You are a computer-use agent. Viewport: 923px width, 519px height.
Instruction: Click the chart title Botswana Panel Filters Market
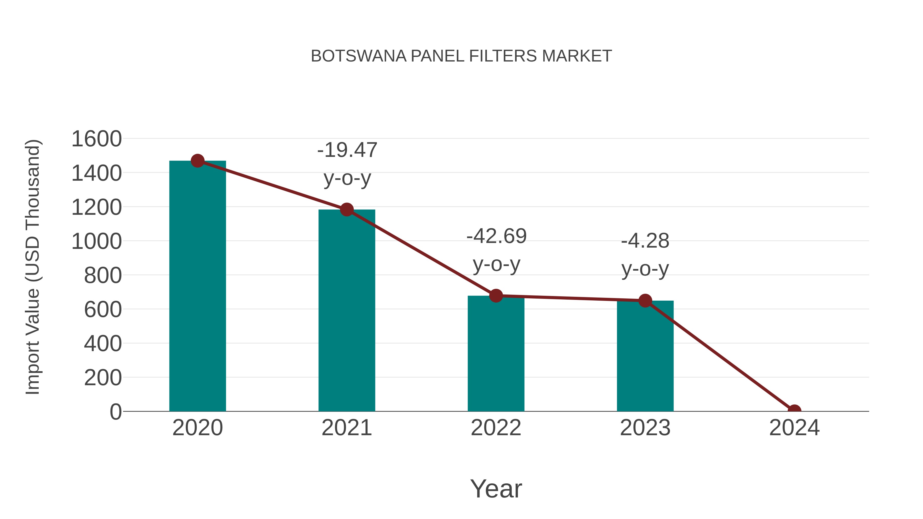click(461, 56)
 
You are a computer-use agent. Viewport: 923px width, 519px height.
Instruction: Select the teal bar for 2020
click(197, 287)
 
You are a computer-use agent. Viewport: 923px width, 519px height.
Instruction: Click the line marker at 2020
click(197, 161)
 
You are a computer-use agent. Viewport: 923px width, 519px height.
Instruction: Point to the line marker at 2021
click(346, 210)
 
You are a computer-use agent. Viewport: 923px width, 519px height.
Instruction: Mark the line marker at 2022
click(496, 296)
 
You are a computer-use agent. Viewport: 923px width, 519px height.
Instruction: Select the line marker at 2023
click(645, 301)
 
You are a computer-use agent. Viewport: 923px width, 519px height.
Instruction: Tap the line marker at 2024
click(794, 411)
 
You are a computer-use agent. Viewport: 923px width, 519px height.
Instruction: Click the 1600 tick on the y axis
click(97, 139)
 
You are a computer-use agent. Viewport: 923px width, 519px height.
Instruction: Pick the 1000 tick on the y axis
click(97, 241)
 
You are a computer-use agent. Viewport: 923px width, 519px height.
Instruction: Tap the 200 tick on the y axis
click(103, 378)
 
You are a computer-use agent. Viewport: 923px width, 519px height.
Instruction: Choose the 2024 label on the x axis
click(794, 428)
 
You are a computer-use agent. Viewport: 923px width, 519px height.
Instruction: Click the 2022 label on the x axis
click(496, 428)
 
